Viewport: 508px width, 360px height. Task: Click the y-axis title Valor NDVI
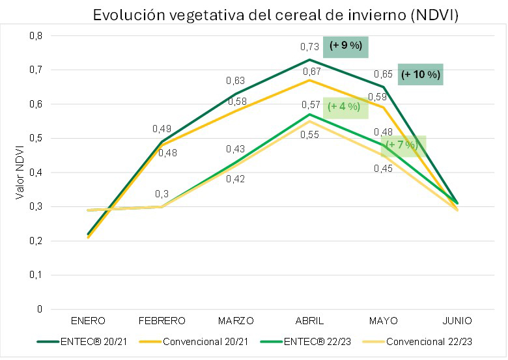coord(20,173)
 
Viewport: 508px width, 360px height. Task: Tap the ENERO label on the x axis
coord(88,320)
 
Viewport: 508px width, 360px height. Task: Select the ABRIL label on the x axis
coord(310,320)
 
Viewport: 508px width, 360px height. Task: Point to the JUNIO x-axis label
coord(458,320)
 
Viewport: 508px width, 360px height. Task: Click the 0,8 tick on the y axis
coord(36,36)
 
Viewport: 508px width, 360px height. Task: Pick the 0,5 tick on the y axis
coord(36,138)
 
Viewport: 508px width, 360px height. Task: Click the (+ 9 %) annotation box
coord(345,46)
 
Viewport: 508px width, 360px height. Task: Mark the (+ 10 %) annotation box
coord(421,75)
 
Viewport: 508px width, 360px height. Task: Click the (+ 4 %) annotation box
coord(344,106)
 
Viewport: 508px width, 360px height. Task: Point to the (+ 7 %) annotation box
coord(402,145)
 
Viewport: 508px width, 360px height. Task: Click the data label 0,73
coord(309,47)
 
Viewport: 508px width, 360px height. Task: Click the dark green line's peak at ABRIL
coord(310,59)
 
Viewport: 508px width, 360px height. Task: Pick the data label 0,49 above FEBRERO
coord(162,129)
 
